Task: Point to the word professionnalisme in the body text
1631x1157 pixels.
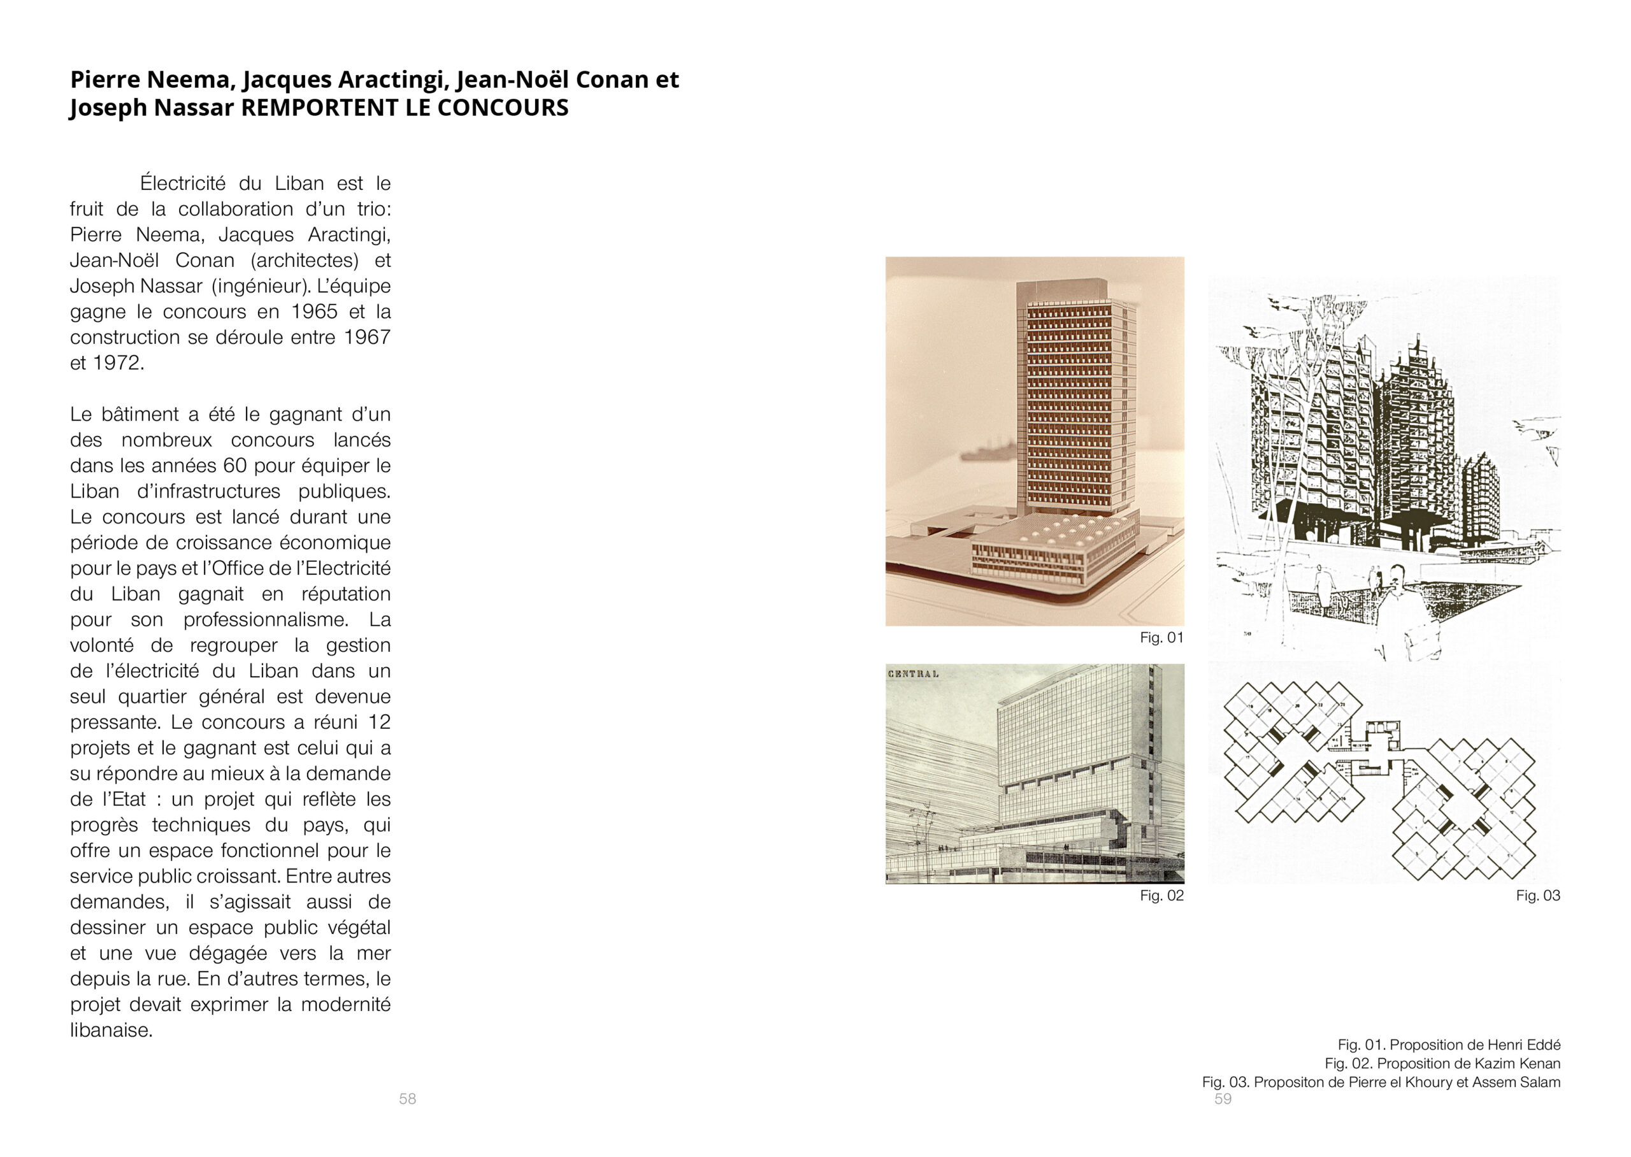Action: click(266, 619)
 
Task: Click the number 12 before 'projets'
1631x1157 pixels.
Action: click(379, 722)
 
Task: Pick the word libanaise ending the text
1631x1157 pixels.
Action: click(110, 1030)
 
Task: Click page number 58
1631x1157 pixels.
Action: click(407, 1098)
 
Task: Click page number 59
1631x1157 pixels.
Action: click(1223, 1098)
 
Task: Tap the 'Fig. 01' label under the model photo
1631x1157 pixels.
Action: click(1161, 638)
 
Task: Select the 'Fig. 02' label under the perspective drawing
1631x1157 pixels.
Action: click(1161, 896)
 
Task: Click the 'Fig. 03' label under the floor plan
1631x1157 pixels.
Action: click(1538, 896)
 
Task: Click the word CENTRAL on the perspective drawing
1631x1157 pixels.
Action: click(913, 674)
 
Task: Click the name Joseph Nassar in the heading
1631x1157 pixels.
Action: click(152, 108)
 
